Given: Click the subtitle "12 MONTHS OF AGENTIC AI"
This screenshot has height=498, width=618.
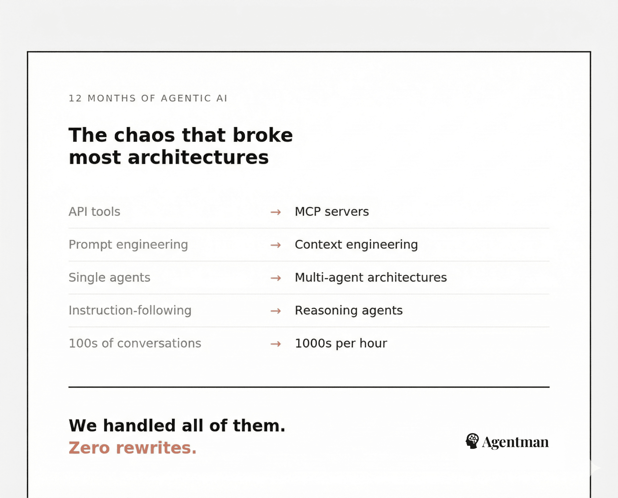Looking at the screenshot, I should click(148, 98).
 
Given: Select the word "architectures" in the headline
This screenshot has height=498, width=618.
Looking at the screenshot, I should click(198, 158).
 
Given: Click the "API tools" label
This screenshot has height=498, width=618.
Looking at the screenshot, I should click(94, 212).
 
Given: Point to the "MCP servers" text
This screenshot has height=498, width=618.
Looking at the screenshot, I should click(332, 212).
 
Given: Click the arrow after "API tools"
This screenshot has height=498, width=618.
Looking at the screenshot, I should click(275, 212).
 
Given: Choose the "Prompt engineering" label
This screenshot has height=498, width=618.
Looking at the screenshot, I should click(128, 245).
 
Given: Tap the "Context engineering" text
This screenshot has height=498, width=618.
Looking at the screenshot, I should click(356, 245).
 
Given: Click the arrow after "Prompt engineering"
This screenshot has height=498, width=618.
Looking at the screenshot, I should click(275, 245).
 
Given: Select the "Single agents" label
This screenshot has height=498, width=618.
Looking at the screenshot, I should click(109, 278).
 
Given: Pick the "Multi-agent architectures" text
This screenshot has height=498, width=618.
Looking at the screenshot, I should click(371, 278).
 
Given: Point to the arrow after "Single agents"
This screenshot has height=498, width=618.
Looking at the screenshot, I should click(275, 278).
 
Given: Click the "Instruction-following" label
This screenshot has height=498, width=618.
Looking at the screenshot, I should click(130, 310).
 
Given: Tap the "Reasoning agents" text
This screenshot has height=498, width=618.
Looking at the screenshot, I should click(349, 310).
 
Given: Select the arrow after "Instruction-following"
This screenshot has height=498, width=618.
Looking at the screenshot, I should click(275, 311).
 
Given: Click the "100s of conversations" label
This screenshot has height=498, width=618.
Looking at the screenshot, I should click(135, 343).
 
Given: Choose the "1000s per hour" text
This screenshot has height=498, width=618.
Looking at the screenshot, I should click(341, 343).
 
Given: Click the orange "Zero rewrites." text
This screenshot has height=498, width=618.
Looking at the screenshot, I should click(133, 448).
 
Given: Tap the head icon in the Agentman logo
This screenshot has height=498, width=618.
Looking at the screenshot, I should click(472, 441).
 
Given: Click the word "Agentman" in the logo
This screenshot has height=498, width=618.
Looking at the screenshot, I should click(515, 442).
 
